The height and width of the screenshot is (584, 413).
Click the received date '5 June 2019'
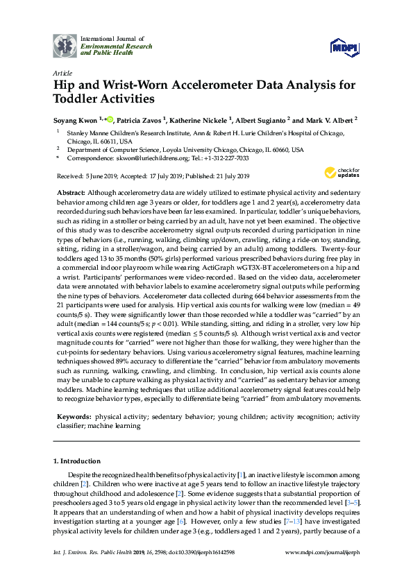[96, 177]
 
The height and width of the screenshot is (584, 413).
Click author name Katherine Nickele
[196, 119]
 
